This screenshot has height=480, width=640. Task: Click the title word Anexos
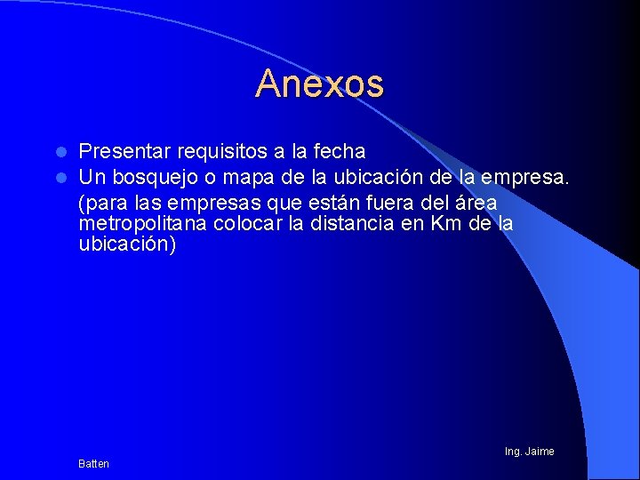pyautogui.click(x=319, y=84)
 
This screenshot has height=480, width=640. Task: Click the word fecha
pyautogui.click(x=339, y=152)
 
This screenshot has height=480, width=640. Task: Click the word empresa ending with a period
pyautogui.click(x=527, y=178)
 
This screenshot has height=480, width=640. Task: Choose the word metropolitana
pyautogui.click(x=142, y=223)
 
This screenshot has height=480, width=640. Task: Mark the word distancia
pyautogui.click(x=351, y=223)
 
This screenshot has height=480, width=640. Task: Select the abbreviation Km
pyautogui.click(x=445, y=223)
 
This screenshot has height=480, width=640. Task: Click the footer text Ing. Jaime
pyautogui.click(x=529, y=452)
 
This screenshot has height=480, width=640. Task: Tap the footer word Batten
pyautogui.click(x=93, y=464)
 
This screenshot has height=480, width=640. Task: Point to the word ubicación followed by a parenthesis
pyautogui.click(x=124, y=244)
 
